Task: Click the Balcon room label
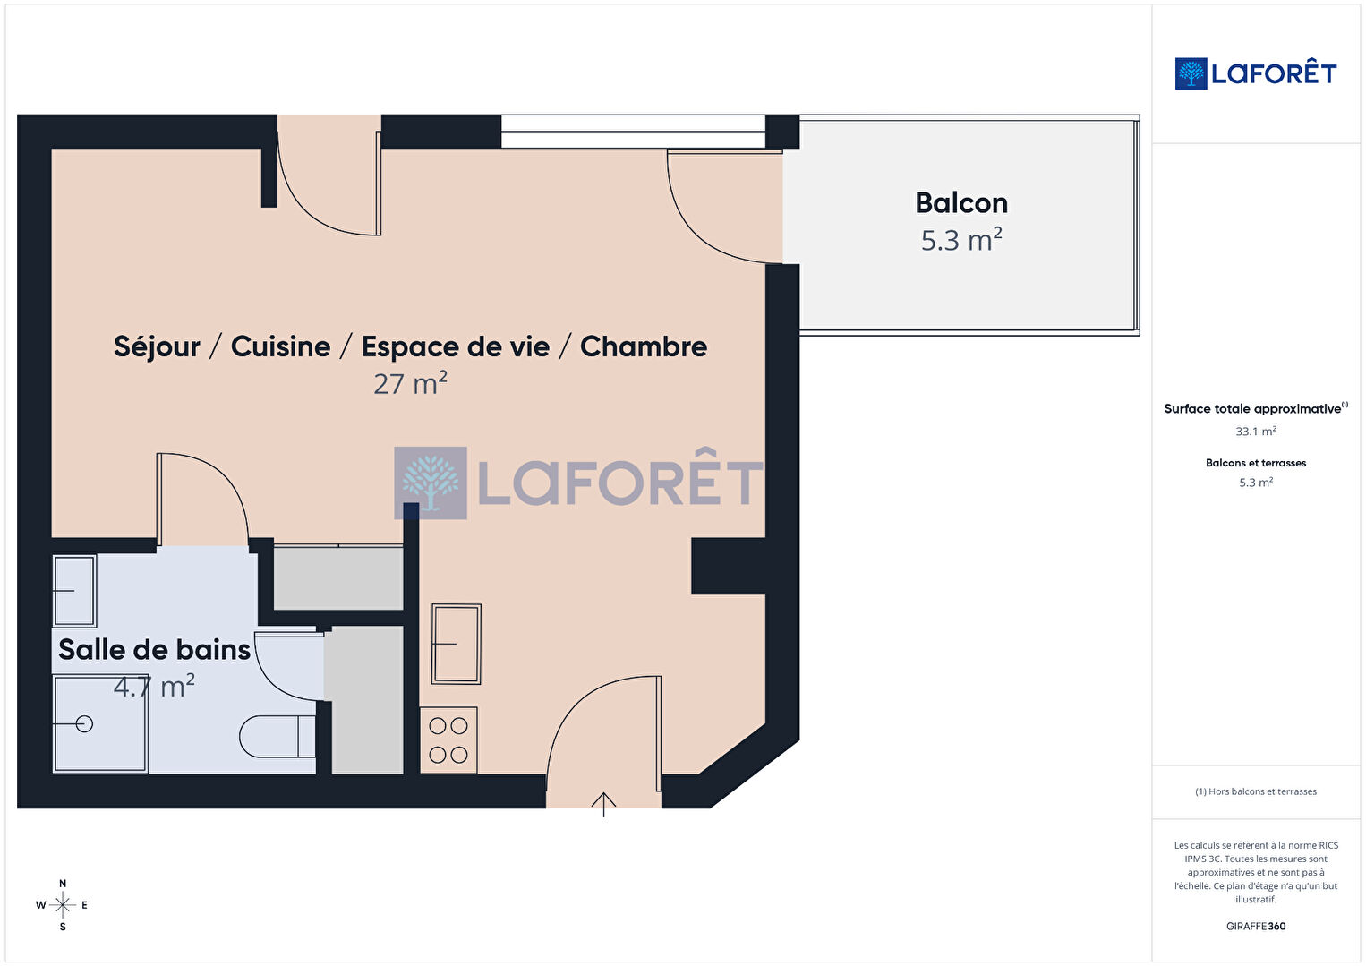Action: click(x=961, y=203)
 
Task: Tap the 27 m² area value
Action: click(x=410, y=383)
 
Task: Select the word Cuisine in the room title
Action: click(x=280, y=346)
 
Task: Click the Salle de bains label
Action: click(x=154, y=649)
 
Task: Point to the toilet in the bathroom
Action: click(x=277, y=736)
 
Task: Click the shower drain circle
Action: click(x=84, y=724)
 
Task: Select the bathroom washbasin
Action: click(x=74, y=591)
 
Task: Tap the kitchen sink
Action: click(x=457, y=644)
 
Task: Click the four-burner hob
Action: click(x=448, y=740)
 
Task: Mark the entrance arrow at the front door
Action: click(x=603, y=804)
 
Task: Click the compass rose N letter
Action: click(x=62, y=883)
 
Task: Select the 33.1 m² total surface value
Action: click(x=1256, y=432)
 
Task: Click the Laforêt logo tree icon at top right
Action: click(x=1191, y=73)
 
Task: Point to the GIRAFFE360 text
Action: click(x=1256, y=926)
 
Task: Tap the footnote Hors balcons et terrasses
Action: click(x=1256, y=791)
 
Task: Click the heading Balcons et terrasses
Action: click(x=1256, y=463)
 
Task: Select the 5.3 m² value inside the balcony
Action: click(x=961, y=240)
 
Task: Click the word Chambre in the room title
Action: click(x=644, y=346)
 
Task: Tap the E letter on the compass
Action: click(x=84, y=905)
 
